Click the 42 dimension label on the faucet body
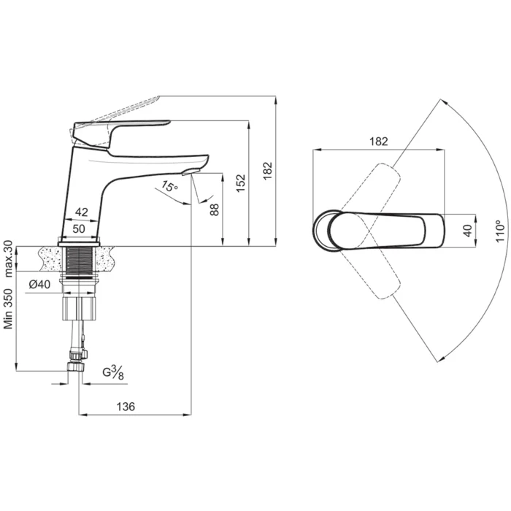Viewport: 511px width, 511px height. pyautogui.click(x=81, y=212)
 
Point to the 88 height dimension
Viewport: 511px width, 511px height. pyautogui.click(x=215, y=209)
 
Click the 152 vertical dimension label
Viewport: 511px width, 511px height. pyautogui.click(x=242, y=183)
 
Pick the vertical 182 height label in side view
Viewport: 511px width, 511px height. pyautogui.click(x=268, y=171)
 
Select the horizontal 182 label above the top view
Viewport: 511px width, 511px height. pyautogui.click(x=378, y=141)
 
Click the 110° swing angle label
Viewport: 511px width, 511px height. pyautogui.click(x=500, y=231)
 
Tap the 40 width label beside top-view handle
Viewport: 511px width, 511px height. pyautogui.click(x=458, y=231)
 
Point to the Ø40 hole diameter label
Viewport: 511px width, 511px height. pyautogui.click(x=40, y=285)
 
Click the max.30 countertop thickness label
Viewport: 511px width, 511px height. pyautogui.click(x=9, y=258)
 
